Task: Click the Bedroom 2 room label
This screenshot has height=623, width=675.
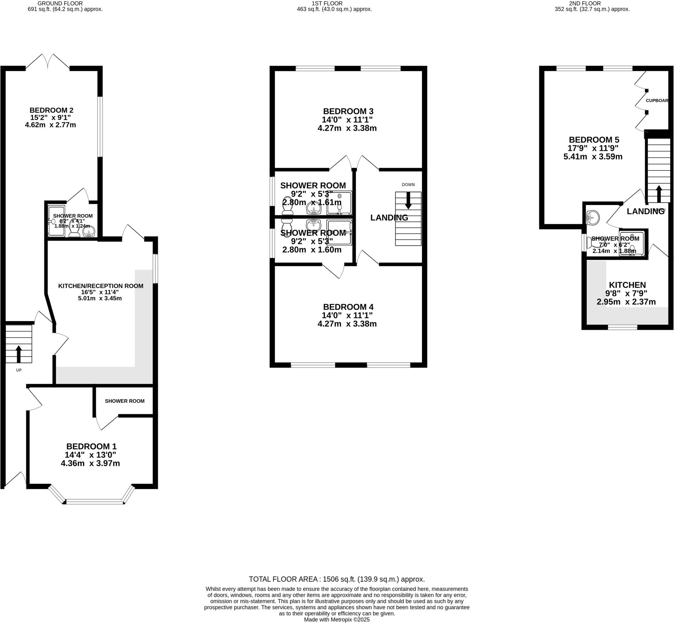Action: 51,110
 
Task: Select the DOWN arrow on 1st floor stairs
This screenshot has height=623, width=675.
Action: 408,201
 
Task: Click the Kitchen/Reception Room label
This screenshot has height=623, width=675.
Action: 101,286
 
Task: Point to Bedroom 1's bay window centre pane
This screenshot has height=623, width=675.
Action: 95,502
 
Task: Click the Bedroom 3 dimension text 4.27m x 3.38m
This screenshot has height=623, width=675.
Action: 347,129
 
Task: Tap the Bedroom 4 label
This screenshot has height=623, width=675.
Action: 348,307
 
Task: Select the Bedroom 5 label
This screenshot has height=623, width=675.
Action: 594,139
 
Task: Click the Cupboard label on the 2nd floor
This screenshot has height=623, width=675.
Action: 657,101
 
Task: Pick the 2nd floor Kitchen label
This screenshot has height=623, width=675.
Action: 627,285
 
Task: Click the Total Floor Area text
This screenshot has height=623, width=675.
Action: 337,579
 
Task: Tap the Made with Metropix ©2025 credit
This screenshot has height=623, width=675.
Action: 337,620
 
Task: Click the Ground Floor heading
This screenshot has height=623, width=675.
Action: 60,3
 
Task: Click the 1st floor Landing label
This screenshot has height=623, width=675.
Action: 389,218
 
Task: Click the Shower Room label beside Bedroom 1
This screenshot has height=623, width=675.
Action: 125,401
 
